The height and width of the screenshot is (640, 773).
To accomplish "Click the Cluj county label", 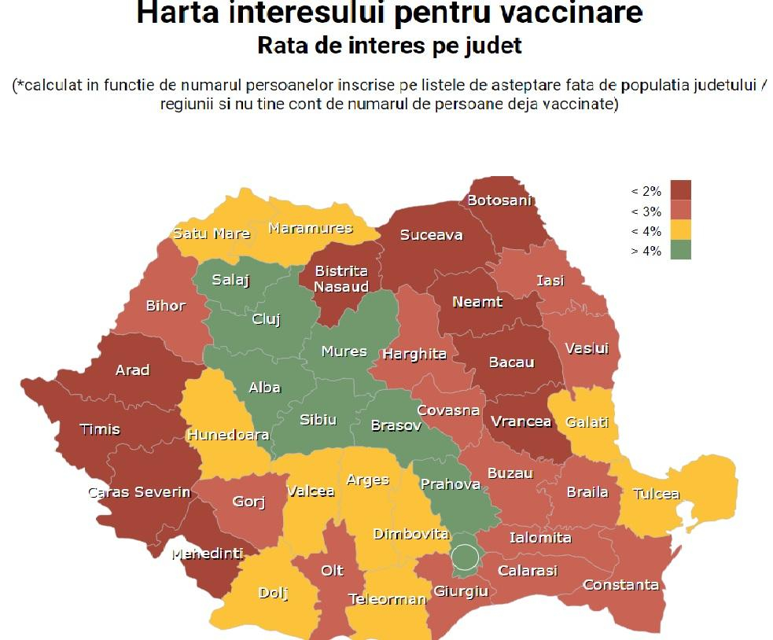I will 266,319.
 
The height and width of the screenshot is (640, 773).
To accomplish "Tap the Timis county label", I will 100,429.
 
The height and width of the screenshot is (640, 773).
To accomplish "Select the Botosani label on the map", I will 499,200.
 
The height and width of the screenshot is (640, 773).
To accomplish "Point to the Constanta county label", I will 620,584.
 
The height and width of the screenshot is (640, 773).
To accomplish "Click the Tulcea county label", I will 656,494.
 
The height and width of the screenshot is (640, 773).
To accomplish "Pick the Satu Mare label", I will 212,234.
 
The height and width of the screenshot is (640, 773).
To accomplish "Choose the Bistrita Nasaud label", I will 341,279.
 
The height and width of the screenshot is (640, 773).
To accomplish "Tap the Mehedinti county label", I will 208,554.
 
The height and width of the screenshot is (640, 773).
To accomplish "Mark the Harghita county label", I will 414,354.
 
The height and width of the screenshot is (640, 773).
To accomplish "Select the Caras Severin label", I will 139,492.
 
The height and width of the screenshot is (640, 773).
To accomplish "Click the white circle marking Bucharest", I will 466,557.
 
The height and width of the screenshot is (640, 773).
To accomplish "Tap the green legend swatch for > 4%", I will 681,251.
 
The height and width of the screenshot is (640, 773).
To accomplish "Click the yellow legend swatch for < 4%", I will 681,231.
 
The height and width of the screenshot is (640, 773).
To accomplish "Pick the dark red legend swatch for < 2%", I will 681,191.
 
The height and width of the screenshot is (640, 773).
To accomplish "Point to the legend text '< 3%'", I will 646,211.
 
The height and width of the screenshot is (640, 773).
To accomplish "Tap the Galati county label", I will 587,422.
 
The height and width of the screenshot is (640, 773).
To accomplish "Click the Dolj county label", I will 273,593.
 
